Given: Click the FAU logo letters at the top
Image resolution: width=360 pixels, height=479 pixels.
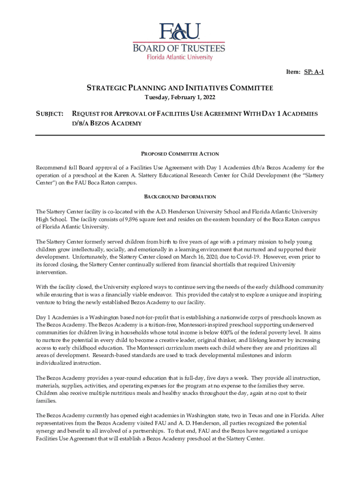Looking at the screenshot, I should [x=180, y=32].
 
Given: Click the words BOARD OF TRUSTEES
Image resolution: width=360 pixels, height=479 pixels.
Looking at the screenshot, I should [x=180, y=48].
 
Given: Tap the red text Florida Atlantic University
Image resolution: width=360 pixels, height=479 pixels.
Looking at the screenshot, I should [x=180, y=58].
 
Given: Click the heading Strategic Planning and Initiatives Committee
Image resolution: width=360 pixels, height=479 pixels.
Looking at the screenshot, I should [x=180, y=88].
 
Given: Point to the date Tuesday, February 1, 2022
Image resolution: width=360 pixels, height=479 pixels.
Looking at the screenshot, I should [x=180, y=98].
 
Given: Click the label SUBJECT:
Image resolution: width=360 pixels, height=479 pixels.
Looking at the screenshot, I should [x=50, y=114].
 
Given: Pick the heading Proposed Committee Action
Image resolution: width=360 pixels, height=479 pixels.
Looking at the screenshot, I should [x=180, y=154].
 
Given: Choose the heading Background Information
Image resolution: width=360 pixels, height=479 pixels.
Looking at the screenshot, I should [x=180, y=197].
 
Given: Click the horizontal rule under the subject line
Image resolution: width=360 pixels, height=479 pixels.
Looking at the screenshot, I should [x=180, y=135].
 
